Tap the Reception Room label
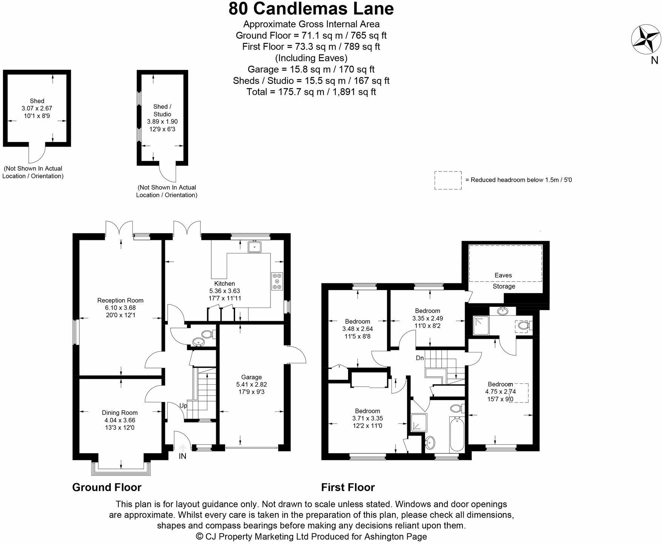pyautogui.click(x=120, y=301)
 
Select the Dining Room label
pyautogui.click(x=119, y=413)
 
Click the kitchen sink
pyautogui.click(x=255, y=247)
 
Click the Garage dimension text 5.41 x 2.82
pyautogui.click(x=251, y=385)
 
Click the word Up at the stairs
pyautogui.click(x=183, y=406)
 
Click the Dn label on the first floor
pyautogui.click(x=420, y=358)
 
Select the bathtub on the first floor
pyautogui.click(x=457, y=434)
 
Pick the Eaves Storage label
pyautogui.click(x=504, y=281)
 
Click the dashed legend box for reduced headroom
pyautogui.click(x=448, y=180)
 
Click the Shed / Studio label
pyautogui.click(x=162, y=110)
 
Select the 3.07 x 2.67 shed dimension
pyautogui.click(x=37, y=108)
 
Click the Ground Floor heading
pyautogui.click(x=107, y=487)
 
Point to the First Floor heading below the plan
pyautogui.click(x=348, y=487)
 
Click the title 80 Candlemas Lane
pyautogui.click(x=311, y=9)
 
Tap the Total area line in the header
pyautogui.click(x=311, y=92)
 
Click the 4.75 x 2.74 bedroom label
pyautogui.click(x=500, y=392)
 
